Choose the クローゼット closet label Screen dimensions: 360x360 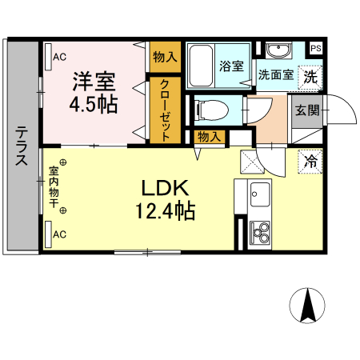(x=164, y=110)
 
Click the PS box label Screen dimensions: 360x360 (x=317, y=47)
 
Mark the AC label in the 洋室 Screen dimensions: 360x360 (x=59, y=57)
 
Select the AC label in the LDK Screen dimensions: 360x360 (x=59, y=234)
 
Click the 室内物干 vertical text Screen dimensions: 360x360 (x=54, y=187)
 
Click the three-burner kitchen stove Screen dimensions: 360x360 (x=260, y=233)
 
